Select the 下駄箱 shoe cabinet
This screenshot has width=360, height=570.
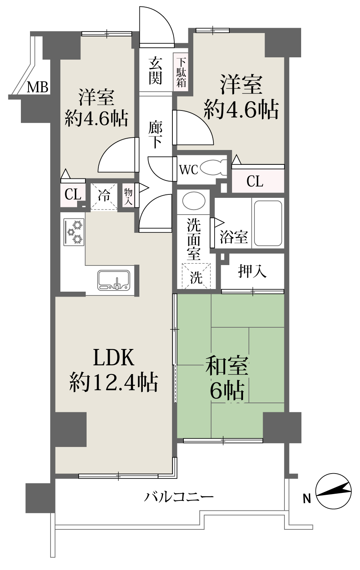181,72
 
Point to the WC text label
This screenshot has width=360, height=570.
188,169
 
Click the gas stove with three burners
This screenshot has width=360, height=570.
74,232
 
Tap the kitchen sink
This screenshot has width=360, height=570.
114,280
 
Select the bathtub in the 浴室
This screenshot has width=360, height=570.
268,223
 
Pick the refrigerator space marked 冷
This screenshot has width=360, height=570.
104,197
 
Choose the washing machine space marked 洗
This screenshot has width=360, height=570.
196,276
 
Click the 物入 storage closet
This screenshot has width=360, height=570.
128,196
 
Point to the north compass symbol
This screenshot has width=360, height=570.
333,491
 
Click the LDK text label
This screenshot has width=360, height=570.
114,357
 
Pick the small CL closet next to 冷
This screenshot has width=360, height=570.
73,194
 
